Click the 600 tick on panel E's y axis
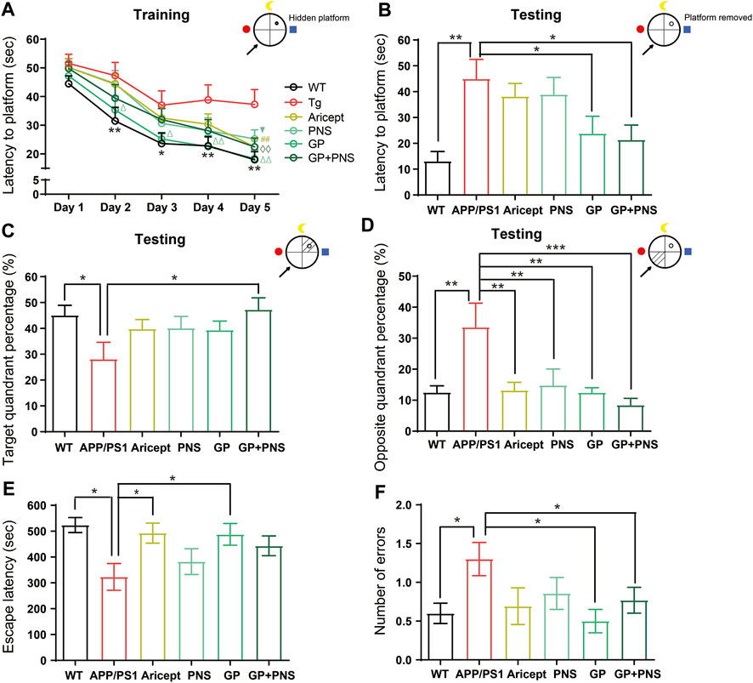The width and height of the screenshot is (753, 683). (35, 505)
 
